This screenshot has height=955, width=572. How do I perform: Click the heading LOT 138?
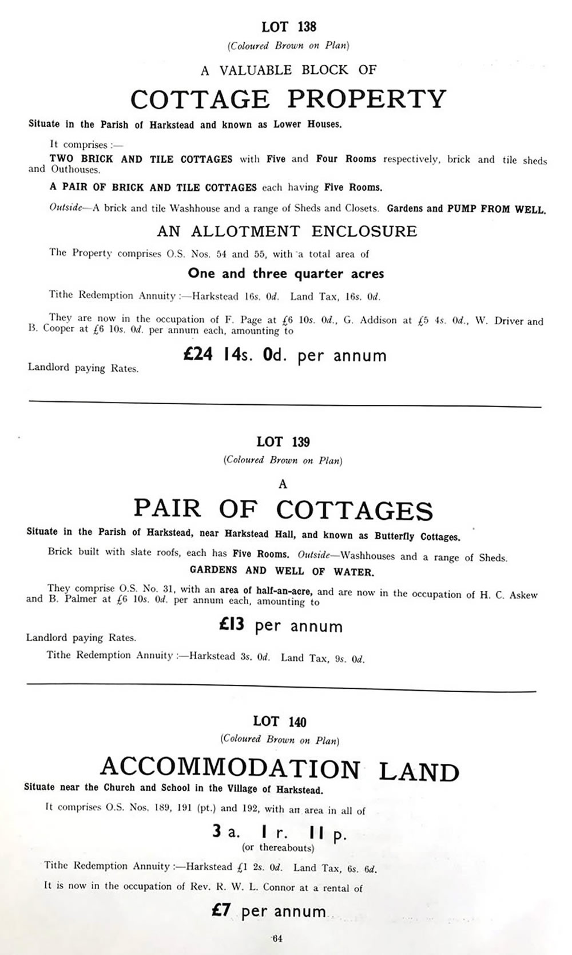point(288,27)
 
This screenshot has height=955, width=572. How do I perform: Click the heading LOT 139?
point(283,441)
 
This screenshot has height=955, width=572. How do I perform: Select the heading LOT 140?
point(280,721)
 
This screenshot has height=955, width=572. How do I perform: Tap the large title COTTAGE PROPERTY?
point(288,99)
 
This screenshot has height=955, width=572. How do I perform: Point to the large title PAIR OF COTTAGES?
point(283,509)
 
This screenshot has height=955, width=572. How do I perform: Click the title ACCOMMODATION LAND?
point(280,769)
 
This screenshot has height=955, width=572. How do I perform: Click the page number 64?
point(277,938)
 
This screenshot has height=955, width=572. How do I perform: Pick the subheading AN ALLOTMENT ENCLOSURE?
point(287,231)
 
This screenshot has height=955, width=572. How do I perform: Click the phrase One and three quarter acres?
point(286,274)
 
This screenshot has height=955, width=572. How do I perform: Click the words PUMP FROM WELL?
point(496,209)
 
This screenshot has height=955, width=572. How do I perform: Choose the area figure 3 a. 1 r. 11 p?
point(279,834)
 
